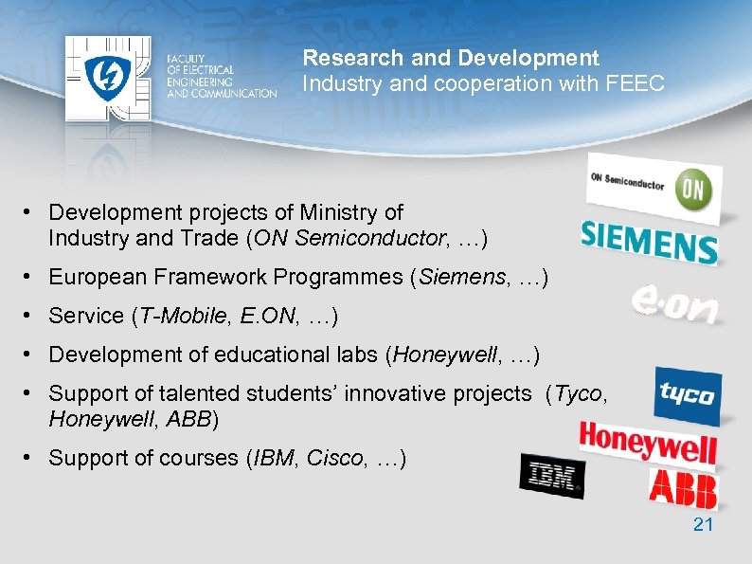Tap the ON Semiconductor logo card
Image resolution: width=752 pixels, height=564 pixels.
tap(654, 187)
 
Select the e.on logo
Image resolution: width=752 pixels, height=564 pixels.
tap(674, 305)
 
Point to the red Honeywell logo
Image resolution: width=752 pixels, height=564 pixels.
tap(648, 443)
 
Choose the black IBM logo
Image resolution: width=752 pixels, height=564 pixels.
tap(552, 475)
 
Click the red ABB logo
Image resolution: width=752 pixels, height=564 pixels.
tap(683, 488)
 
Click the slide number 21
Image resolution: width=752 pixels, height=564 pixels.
tap(703, 524)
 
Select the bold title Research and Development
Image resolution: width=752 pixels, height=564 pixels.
tap(451, 59)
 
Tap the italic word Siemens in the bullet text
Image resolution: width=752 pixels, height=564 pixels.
tap(456, 277)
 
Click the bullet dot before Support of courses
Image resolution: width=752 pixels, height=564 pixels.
tap(30, 459)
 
